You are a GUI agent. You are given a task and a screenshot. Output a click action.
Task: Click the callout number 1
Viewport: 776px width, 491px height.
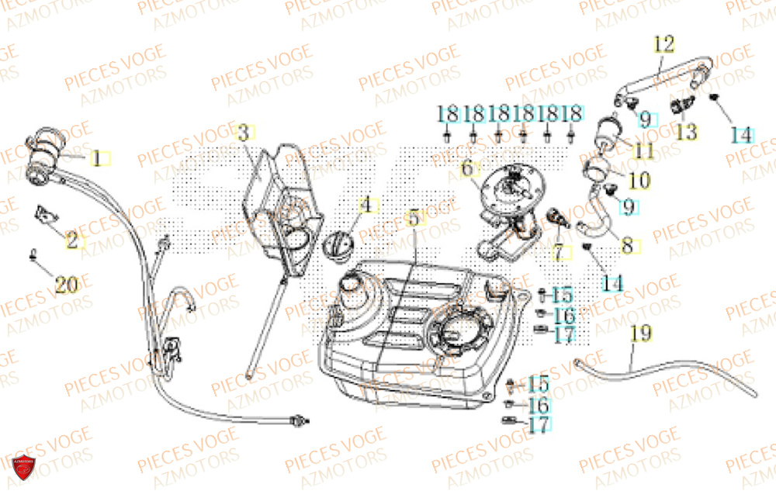point(98,158)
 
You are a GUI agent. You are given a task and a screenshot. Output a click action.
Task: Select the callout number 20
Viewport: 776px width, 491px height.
point(67,284)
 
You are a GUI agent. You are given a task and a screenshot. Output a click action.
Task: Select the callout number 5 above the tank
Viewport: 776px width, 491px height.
point(414,218)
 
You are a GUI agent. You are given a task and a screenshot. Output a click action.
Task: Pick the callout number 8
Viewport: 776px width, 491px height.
point(628,246)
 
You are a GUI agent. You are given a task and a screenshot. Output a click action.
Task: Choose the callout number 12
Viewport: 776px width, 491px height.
point(664,43)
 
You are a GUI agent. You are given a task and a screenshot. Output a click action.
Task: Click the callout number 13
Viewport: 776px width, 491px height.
point(686,132)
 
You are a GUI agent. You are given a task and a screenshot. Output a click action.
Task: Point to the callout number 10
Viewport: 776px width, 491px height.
point(639,181)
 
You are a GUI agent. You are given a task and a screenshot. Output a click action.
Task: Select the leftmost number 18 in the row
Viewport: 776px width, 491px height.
point(448,113)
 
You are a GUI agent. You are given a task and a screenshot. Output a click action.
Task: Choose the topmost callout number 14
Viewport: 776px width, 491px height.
point(741,134)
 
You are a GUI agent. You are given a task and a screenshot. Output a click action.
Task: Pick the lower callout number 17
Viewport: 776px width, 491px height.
point(540,425)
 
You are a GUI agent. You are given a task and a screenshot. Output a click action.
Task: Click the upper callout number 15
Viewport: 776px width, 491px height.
point(563,295)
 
